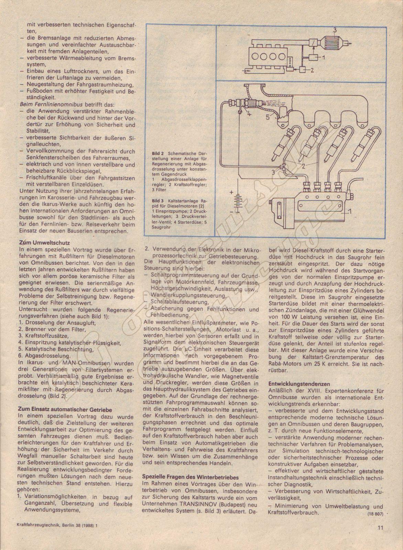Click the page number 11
(x=380, y=528)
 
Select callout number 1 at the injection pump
(x=350, y=220)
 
